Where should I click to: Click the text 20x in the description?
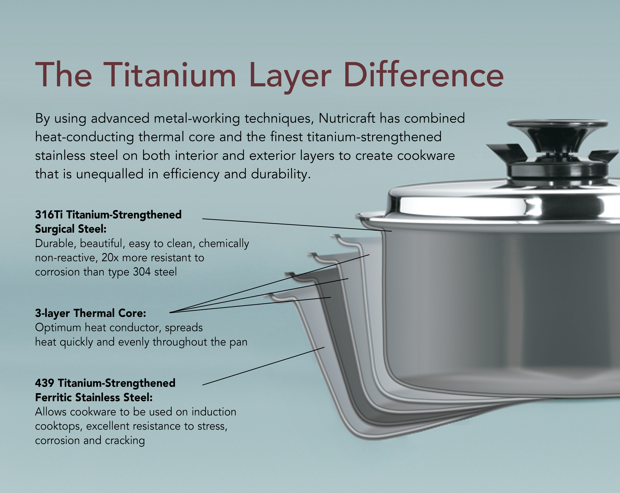tap(110, 258)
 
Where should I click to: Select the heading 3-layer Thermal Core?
tap(91, 313)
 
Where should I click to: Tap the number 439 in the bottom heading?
tap(45, 383)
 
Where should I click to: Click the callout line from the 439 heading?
tap(263, 366)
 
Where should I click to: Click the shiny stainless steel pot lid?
tap(503, 202)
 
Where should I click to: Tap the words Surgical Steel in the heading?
tap(71, 229)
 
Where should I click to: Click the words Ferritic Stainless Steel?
tap(94, 397)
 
